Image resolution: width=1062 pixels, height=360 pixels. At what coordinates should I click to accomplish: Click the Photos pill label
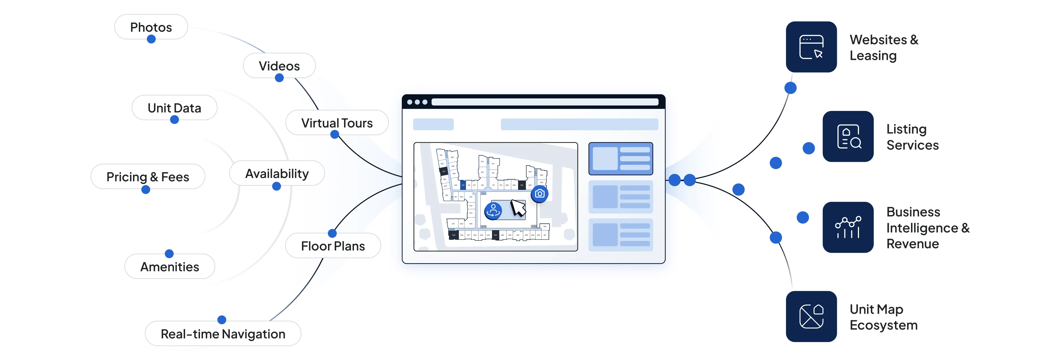pos(151,27)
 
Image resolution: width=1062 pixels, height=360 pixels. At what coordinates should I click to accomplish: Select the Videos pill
pos(279,66)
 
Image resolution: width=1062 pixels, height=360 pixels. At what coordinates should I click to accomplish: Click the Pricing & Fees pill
pos(148,177)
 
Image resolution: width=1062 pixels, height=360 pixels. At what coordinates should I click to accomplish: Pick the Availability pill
pos(277,173)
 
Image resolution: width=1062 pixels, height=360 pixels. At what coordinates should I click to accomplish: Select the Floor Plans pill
pos(333,246)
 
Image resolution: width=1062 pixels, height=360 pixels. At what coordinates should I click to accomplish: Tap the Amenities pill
pos(170,266)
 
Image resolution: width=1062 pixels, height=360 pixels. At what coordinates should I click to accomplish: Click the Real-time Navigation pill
pos(223,334)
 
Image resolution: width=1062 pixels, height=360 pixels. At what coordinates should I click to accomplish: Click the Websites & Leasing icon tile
pos(811,47)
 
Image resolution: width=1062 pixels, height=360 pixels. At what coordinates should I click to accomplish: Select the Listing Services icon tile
pos(848,136)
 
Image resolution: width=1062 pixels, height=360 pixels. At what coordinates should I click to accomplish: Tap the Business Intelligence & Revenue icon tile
pos(848,227)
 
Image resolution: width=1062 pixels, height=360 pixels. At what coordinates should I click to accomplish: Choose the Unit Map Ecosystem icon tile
pos(811,316)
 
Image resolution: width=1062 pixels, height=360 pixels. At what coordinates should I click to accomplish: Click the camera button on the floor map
pos(539,193)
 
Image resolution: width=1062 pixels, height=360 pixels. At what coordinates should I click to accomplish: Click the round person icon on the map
pos(493,211)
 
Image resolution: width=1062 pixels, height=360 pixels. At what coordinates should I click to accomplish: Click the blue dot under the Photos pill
pos(151,39)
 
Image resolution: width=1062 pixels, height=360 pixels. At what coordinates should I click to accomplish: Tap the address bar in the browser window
pos(544,102)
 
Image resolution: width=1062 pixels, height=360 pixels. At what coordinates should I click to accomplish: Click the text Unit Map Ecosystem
pos(883,317)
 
